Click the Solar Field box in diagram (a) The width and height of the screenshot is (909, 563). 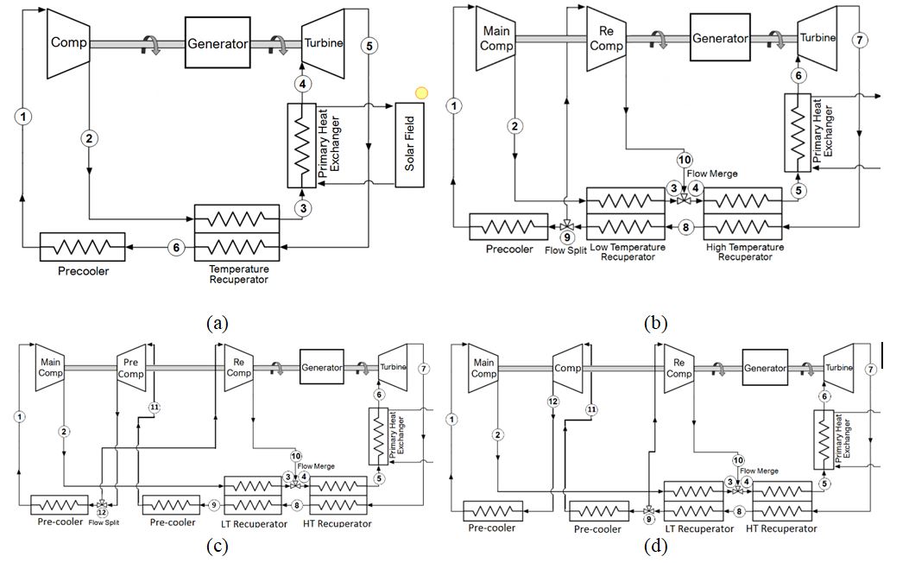(x=411, y=145)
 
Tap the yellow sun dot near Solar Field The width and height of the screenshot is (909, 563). (x=421, y=93)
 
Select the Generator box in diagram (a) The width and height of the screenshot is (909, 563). (x=218, y=42)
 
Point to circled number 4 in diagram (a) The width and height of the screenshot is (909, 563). (x=302, y=84)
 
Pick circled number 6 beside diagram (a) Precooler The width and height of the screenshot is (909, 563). (x=176, y=248)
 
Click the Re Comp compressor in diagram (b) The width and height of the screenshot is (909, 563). (x=605, y=38)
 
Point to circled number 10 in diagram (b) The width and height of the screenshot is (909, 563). (x=685, y=160)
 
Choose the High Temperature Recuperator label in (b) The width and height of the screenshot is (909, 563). (x=744, y=251)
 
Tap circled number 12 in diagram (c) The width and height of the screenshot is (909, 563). (x=102, y=511)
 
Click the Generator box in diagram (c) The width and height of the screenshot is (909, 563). (x=321, y=367)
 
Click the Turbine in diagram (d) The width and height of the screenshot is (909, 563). (x=839, y=367)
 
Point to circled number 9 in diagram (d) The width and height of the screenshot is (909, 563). (x=648, y=519)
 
